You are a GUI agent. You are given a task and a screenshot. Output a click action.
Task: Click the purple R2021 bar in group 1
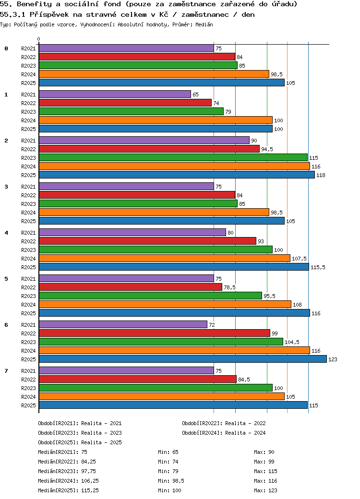coord(115,95)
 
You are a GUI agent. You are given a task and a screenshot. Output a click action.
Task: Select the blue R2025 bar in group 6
coord(182,359)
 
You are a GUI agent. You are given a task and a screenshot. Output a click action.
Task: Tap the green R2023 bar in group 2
coord(173,157)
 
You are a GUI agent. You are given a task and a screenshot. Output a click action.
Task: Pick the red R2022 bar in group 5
coord(130,287)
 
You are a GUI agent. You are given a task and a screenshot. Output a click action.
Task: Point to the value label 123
coord(333,359)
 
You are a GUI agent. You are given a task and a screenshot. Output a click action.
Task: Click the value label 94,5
coord(267,149)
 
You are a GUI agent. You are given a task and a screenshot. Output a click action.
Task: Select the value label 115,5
coord(318,267)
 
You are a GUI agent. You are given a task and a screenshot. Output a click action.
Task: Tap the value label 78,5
coord(229,287)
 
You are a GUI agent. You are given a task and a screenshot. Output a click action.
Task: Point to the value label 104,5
coord(292,342)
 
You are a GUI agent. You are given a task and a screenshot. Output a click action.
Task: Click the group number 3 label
coord(6,187)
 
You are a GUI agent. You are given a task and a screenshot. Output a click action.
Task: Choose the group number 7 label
coord(6,371)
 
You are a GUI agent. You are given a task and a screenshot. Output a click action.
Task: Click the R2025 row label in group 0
coord(28,83)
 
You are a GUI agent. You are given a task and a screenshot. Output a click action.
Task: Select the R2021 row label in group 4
coord(28,233)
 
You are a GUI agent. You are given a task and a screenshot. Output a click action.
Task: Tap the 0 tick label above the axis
coord(39,39)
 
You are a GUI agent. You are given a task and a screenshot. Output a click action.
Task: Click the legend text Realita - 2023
coord(101,433)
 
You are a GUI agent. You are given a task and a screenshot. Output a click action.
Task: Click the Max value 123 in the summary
coord(273,490)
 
